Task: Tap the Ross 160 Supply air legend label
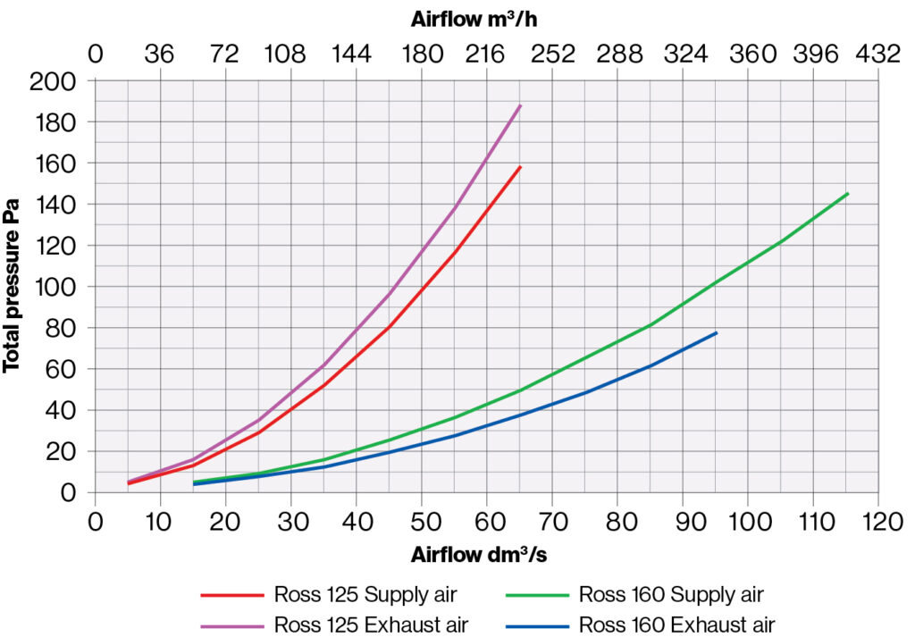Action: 671,594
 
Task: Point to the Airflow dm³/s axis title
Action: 479,555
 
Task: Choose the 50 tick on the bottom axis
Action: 422,521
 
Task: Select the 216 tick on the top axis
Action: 486,54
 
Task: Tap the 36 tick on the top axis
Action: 160,54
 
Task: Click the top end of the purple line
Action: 520,105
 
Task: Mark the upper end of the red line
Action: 520,166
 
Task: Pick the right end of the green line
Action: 847,193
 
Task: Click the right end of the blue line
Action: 717,332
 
